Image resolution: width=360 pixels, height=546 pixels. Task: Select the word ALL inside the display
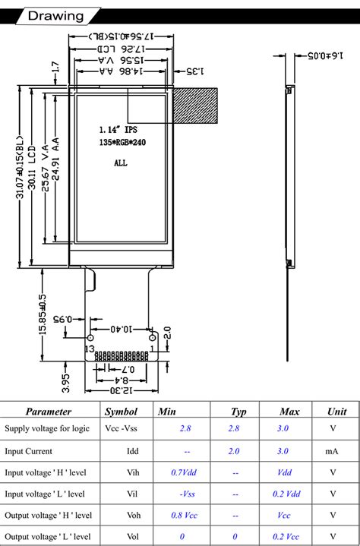coord(120,163)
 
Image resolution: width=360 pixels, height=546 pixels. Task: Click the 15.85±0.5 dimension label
coord(43,314)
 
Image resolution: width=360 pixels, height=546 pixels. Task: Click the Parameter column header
coord(49,412)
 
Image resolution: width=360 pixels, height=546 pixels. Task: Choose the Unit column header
coord(336,412)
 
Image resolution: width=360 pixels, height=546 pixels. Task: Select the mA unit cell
coord(332,450)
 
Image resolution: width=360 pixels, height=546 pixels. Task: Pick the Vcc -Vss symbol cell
coord(121,429)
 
